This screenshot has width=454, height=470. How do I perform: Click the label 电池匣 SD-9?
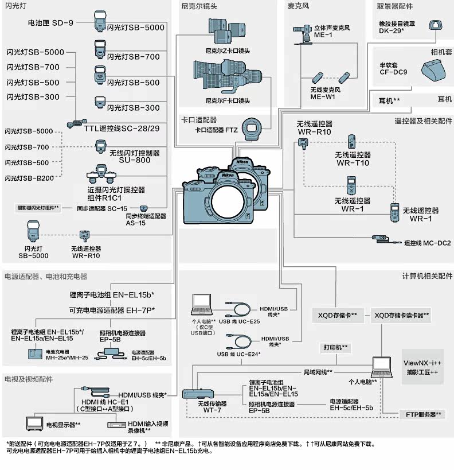[50, 24]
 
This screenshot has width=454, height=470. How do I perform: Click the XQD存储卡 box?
[337, 315]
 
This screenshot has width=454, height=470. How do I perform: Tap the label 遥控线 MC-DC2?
[427, 243]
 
